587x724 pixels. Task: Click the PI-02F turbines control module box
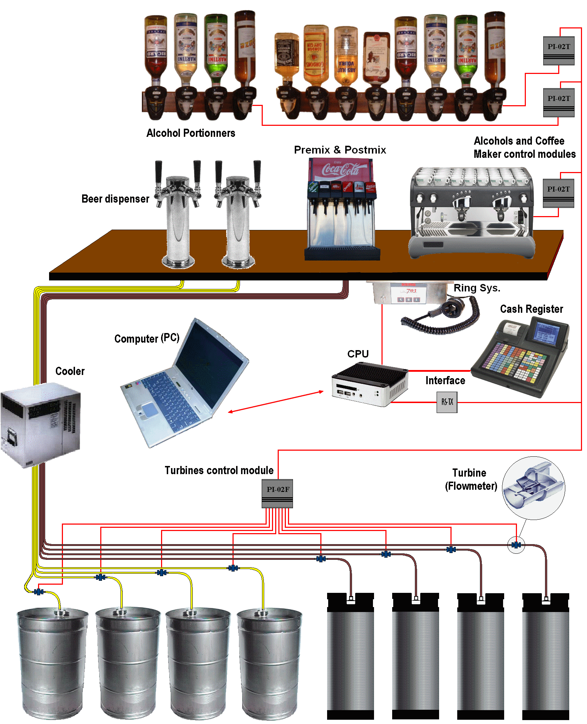click(x=277, y=493)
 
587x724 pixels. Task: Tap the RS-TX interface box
click(x=447, y=402)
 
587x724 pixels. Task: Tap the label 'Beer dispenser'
click(x=115, y=199)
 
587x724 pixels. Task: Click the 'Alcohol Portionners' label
click(x=191, y=133)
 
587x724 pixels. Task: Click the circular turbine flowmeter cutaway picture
click(x=533, y=488)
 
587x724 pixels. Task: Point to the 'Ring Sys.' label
click(x=477, y=288)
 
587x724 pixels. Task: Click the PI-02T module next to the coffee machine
click(x=558, y=193)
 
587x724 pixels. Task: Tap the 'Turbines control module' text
click(x=219, y=470)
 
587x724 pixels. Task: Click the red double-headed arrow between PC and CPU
click(x=276, y=402)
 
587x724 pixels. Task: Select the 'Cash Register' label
click(x=531, y=309)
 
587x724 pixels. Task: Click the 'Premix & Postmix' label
click(x=340, y=150)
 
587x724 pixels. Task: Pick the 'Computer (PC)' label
click(x=147, y=338)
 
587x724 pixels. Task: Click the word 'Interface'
click(x=445, y=380)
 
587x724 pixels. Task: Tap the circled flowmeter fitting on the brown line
click(x=516, y=545)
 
